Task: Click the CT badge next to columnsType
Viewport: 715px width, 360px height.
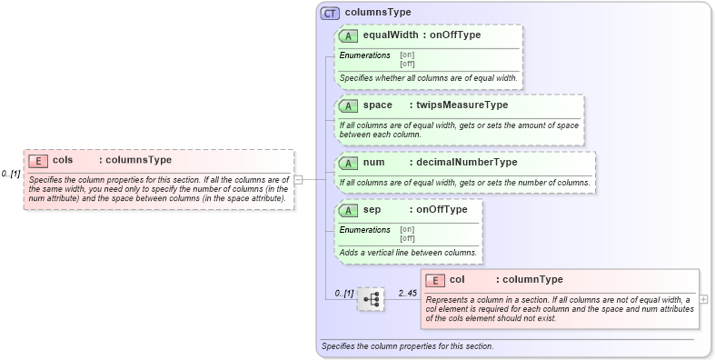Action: coord(331,13)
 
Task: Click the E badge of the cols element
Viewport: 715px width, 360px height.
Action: coord(38,161)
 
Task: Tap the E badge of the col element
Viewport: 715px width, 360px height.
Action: coord(435,280)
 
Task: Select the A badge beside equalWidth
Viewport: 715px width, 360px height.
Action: coord(348,35)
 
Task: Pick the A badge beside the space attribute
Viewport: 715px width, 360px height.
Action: coord(348,105)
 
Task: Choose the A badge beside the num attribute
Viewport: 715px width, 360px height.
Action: coord(348,163)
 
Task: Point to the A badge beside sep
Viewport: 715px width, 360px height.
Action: coord(348,210)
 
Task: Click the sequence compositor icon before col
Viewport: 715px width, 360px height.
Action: coord(371,298)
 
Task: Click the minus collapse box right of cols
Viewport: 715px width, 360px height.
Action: coord(298,179)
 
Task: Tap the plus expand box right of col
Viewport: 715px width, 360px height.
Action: coord(704,298)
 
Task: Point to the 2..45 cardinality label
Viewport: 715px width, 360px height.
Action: coord(406,292)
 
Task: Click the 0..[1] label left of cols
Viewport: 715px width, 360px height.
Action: coord(11,173)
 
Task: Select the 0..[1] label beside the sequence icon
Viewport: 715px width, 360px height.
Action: coord(343,293)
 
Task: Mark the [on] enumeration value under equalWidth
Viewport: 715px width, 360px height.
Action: coord(407,55)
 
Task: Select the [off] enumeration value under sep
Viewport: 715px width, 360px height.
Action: coord(407,238)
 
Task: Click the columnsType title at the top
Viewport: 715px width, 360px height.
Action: coord(378,13)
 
